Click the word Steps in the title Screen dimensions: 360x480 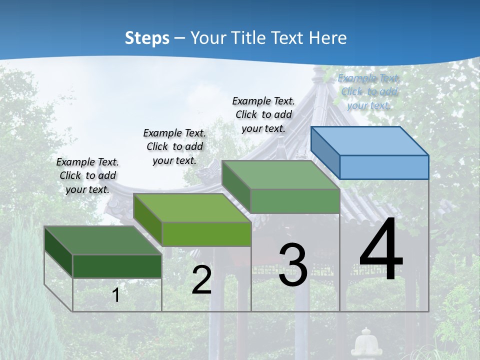(x=147, y=38)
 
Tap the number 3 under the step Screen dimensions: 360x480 (x=293, y=265)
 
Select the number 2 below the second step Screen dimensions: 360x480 (x=201, y=280)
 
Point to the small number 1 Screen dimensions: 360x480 (x=116, y=295)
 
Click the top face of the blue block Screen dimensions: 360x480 (x=369, y=141)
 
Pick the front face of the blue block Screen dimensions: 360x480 (x=384, y=167)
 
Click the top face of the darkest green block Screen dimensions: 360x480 (x=103, y=240)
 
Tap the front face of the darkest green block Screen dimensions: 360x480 (x=117, y=266)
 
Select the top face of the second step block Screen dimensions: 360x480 (x=192, y=207)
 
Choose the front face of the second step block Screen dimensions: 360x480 (x=206, y=234)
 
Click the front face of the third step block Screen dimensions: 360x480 (x=295, y=201)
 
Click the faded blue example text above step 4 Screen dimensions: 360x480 (x=369, y=91)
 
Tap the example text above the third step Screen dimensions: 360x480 (x=263, y=114)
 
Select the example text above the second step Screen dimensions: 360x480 (x=174, y=146)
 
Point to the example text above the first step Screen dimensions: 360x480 (x=87, y=175)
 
